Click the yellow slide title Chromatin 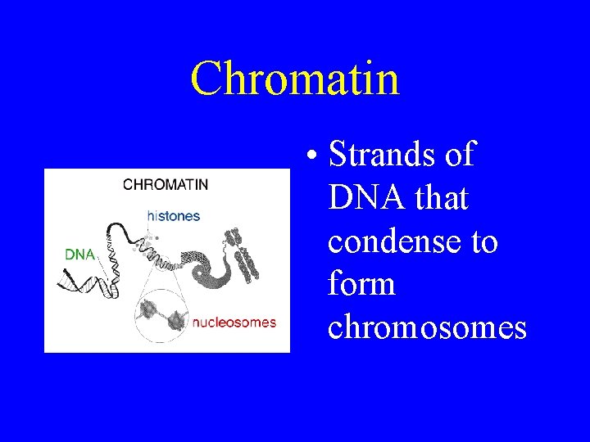pyautogui.click(x=295, y=79)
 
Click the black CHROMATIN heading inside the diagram pyautogui.click(x=166, y=184)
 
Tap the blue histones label pyautogui.click(x=173, y=216)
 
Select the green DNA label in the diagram pyautogui.click(x=79, y=255)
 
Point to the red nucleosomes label pyautogui.click(x=234, y=322)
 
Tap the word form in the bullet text pyautogui.click(x=361, y=285)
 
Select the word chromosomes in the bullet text pyautogui.click(x=426, y=327)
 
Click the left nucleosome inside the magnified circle pyautogui.click(x=149, y=312)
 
